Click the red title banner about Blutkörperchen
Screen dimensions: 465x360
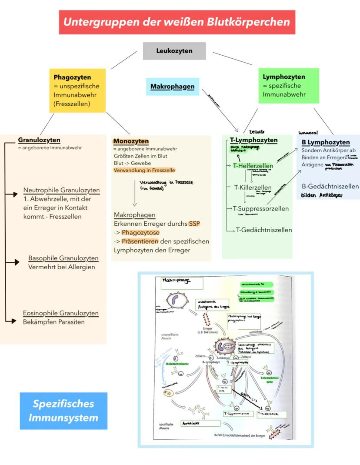click(x=177, y=22)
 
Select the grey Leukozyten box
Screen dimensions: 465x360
click(x=174, y=51)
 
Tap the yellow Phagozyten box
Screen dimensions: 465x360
click(x=77, y=90)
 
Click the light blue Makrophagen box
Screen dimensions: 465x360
click(x=172, y=87)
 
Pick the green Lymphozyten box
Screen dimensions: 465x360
click(x=288, y=86)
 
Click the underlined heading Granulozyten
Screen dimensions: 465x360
click(x=39, y=140)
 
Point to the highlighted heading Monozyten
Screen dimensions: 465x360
click(x=131, y=141)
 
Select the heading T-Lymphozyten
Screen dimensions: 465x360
click(x=253, y=140)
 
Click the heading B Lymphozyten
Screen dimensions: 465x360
click(x=326, y=142)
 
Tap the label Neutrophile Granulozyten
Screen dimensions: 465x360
click(x=61, y=190)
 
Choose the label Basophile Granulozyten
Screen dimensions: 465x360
click(x=63, y=258)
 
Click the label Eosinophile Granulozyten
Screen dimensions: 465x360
click(x=61, y=313)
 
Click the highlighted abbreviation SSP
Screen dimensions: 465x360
click(x=194, y=224)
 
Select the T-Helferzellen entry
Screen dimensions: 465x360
click(x=253, y=166)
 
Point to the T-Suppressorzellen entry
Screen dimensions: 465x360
click(x=261, y=208)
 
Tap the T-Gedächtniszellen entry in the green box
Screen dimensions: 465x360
click(x=264, y=230)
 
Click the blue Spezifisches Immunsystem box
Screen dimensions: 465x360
click(x=63, y=411)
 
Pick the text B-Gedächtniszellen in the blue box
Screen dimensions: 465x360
click(x=330, y=186)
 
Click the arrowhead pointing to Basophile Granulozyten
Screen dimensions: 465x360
click(x=17, y=262)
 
